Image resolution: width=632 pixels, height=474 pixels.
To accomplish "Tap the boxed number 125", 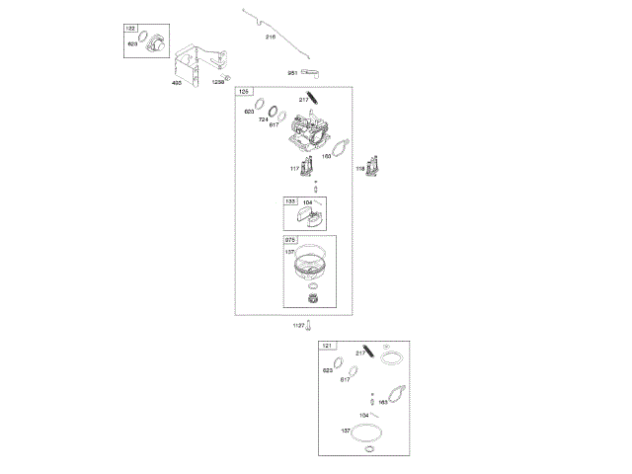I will (x=243, y=92).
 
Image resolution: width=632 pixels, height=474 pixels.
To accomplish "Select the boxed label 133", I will (x=290, y=200).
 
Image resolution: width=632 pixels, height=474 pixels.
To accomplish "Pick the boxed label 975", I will (x=290, y=240).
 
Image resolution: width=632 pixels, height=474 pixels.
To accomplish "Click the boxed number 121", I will (x=327, y=347).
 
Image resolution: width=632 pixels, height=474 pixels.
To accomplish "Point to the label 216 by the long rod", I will (x=271, y=37).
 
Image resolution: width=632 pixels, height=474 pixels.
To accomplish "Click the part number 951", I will (x=292, y=72).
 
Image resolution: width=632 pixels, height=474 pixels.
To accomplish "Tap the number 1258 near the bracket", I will (x=217, y=83).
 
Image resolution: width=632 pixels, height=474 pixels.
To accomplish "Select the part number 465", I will (x=177, y=84).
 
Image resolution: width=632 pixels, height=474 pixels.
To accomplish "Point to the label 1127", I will (x=297, y=326).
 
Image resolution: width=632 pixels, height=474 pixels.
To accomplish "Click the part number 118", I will (x=360, y=170).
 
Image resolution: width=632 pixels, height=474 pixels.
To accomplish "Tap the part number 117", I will (x=294, y=170).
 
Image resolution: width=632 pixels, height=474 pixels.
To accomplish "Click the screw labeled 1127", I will (x=309, y=324).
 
